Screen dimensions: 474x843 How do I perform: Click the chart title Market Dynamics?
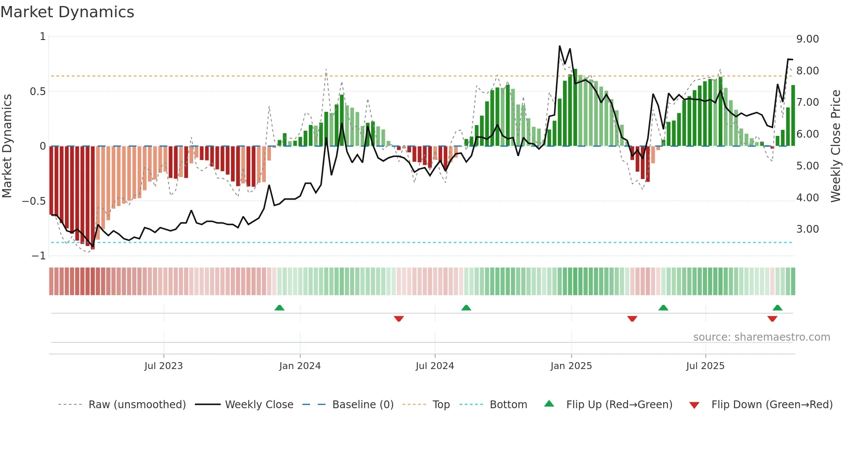[x=68, y=12]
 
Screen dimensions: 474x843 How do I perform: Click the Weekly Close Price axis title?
[x=835, y=146]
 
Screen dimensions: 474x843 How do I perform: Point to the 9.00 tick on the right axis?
[x=807, y=39]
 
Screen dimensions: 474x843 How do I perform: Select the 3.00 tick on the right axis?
[x=807, y=229]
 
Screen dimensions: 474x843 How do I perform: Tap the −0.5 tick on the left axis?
[x=34, y=201]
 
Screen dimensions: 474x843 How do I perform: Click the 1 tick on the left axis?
[x=43, y=37]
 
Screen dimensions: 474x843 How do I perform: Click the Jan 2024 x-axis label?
[x=300, y=366]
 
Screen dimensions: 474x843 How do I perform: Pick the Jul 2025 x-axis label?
[x=705, y=366]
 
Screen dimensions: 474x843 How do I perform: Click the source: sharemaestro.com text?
[x=761, y=337]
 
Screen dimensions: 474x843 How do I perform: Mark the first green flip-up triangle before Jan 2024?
[x=280, y=308]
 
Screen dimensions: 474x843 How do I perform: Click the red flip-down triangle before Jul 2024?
[x=399, y=319]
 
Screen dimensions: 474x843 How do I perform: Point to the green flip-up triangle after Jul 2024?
[x=466, y=308]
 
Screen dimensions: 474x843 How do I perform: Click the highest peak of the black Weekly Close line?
[x=560, y=46]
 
